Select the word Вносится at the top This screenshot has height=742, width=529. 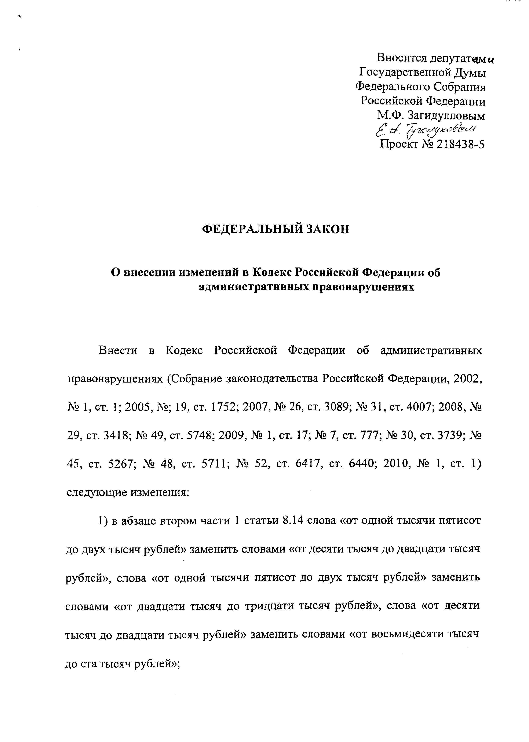pos(402,58)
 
